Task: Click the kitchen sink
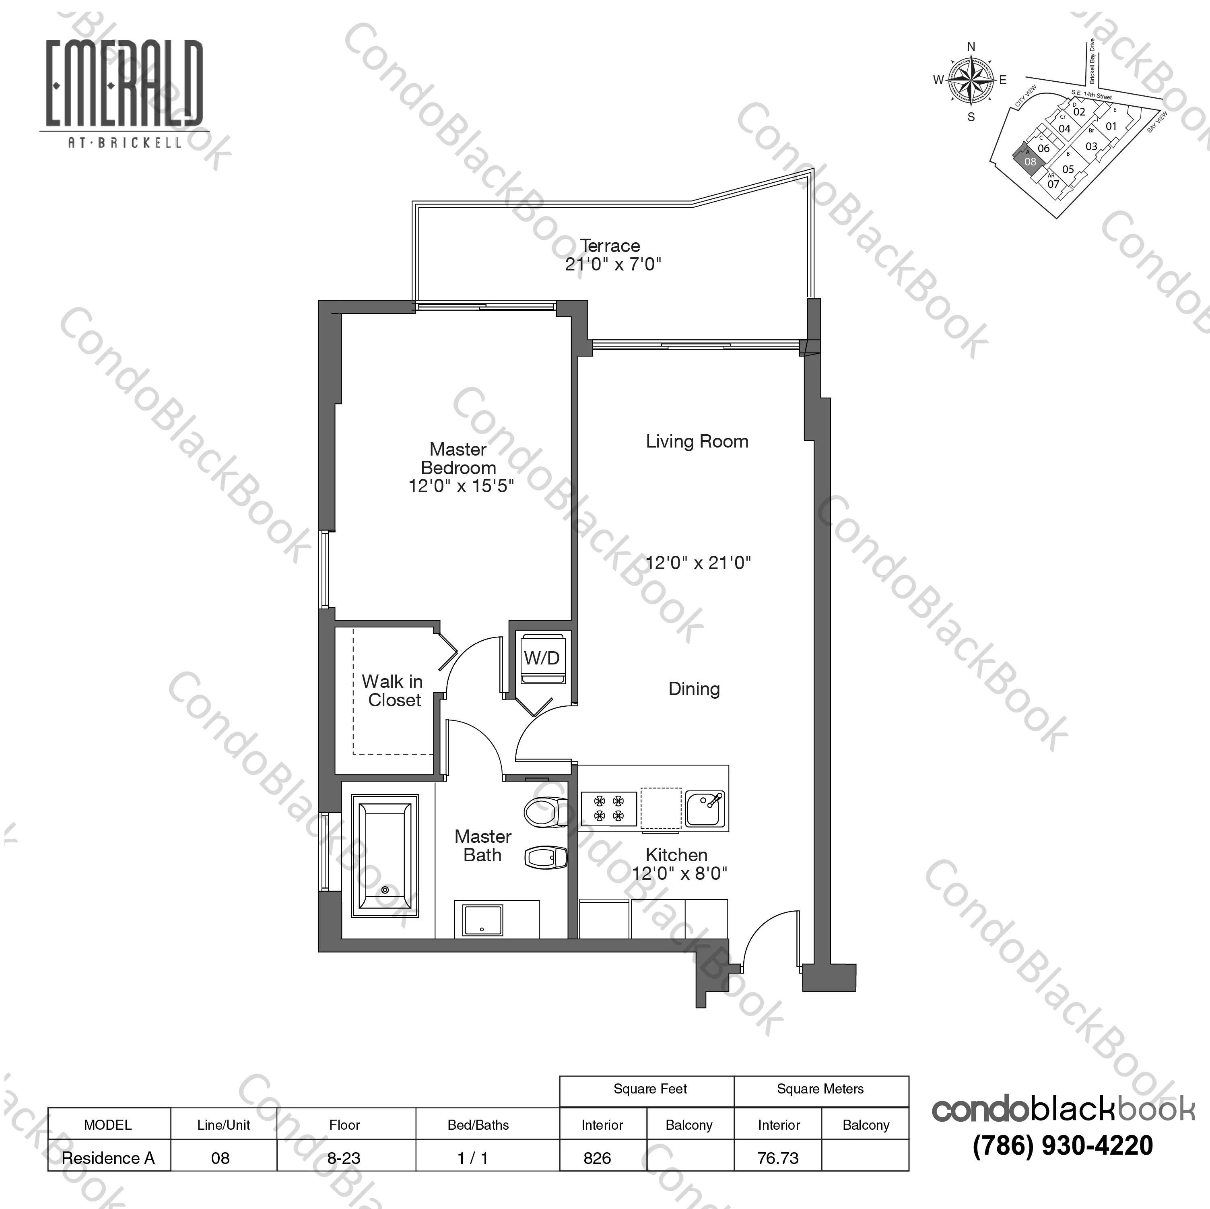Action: coord(705,809)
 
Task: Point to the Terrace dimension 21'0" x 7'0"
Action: coord(613,264)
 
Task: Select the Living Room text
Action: coord(697,442)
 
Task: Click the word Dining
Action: coord(694,689)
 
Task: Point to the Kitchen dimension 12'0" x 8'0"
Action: coord(680,873)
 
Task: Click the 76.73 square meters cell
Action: coord(778,1158)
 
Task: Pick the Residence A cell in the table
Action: coord(108,1158)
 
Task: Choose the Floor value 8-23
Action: coord(344,1158)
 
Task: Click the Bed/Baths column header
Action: coord(478,1125)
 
